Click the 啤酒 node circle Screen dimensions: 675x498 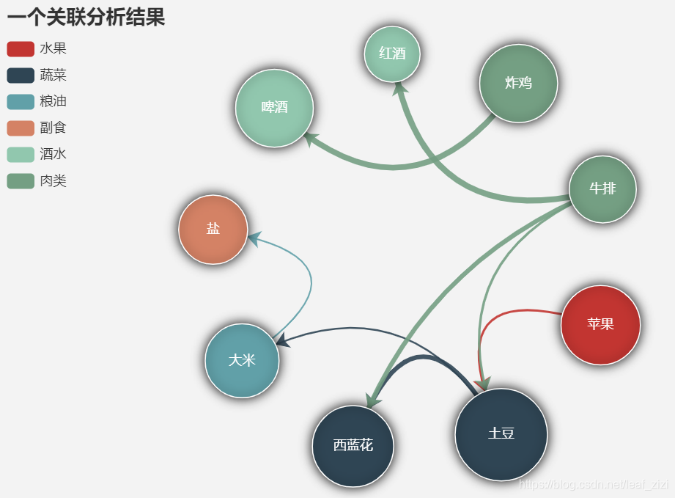coord(274,108)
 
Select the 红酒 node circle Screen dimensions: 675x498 coord(392,54)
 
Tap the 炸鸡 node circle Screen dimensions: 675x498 coord(518,83)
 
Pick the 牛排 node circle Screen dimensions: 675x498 coord(602,188)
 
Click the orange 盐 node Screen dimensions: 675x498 coord(213,229)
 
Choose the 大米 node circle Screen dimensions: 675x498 coord(242,360)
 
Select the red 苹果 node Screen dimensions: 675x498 coord(600,324)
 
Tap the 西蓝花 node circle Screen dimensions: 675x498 coord(353,445)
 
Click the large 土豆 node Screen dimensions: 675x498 coord(501,433)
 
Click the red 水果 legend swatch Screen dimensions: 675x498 coord(21,49)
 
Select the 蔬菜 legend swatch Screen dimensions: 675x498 coord(21,76)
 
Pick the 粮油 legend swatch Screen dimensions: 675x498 coord(21,102)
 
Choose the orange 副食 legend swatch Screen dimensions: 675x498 coord(21,128)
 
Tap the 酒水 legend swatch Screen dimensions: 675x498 coord(21,155)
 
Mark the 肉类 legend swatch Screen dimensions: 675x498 coord(21,181)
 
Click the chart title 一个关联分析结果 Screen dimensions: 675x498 coord(86,17)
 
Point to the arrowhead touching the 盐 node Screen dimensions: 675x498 coord(254,238)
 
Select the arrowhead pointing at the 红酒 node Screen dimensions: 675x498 coord(399,88)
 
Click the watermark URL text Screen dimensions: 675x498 coord(594,484)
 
